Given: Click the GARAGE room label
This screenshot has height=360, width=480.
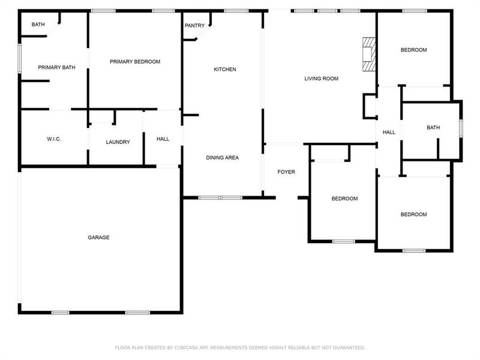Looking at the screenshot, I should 98,238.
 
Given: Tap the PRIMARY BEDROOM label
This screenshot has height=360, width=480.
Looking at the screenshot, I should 134,62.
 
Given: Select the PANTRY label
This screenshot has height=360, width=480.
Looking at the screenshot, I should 194,25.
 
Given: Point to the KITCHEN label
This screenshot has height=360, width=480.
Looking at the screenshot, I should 225,70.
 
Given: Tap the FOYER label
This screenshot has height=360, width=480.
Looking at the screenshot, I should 286,172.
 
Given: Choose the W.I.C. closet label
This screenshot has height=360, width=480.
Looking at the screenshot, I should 54,139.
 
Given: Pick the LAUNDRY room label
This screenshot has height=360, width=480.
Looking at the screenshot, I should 118,142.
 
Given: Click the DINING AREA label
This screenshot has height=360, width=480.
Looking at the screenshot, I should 223,158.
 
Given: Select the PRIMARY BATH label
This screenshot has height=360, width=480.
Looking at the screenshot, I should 56,68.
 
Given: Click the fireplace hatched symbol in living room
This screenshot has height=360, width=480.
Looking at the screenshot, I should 368,55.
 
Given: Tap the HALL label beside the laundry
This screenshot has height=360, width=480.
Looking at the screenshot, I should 163,139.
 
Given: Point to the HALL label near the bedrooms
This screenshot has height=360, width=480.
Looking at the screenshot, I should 389,132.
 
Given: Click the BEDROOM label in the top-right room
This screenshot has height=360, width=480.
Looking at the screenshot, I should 413,50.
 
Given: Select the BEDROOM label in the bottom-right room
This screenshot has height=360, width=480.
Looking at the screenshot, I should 413,215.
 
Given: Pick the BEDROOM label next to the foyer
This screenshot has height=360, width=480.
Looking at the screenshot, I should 344,199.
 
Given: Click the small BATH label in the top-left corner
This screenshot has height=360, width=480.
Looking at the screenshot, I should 38,25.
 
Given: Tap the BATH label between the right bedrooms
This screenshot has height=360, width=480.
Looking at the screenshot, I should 433,128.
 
